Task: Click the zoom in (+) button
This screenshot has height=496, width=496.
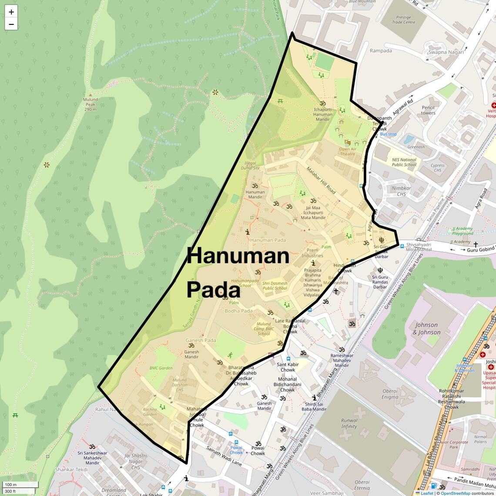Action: (11, 12)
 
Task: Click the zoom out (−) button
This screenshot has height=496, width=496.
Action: (11, 24)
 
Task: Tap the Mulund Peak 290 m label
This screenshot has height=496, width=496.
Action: (90, 104)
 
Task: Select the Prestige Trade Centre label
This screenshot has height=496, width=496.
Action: (403, 20)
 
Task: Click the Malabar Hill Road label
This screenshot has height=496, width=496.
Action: (321, 180)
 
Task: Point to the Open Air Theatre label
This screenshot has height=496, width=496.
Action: (348, 151)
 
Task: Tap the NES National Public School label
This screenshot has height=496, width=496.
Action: (404, 162)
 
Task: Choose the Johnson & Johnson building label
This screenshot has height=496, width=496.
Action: (426, 328)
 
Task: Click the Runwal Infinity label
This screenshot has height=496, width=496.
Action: (349, 423)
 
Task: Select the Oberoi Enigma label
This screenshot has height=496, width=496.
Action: (390, 394)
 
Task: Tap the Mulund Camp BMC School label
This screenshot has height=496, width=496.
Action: (264, 328)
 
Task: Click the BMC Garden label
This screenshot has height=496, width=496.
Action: (161, 368)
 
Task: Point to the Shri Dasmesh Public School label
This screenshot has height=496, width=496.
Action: (275, 285)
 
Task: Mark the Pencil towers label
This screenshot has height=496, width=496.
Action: (428, 110)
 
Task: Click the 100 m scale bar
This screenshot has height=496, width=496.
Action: (20, 484)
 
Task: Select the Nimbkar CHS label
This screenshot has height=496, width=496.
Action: (401, 191)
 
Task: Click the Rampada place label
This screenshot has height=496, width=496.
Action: (381, 51)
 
